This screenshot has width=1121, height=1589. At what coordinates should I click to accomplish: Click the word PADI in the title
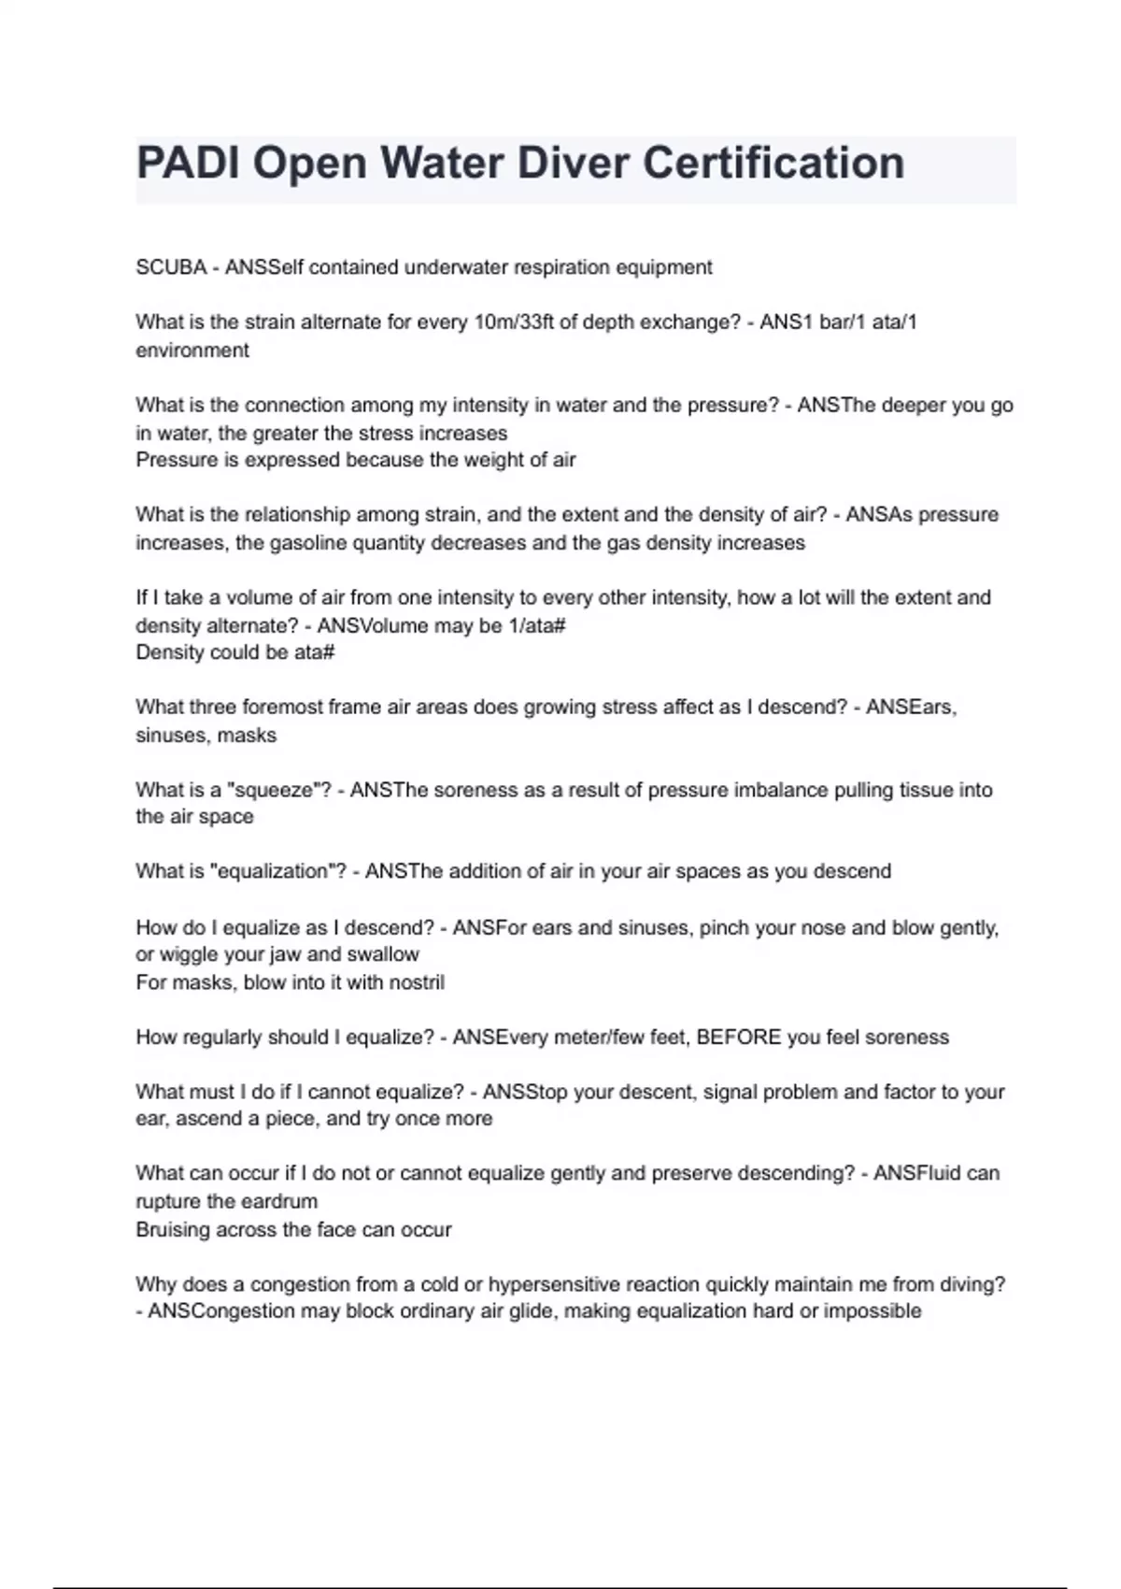[x=189, y=164]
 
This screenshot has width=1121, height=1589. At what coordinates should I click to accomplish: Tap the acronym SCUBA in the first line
[x=171, y=267]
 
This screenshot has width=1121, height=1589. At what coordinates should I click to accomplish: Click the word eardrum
[x=277, y=1202]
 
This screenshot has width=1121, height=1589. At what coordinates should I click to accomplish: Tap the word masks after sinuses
[x=247, y=736]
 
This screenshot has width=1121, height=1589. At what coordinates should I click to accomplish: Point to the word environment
[x=192, y=351]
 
